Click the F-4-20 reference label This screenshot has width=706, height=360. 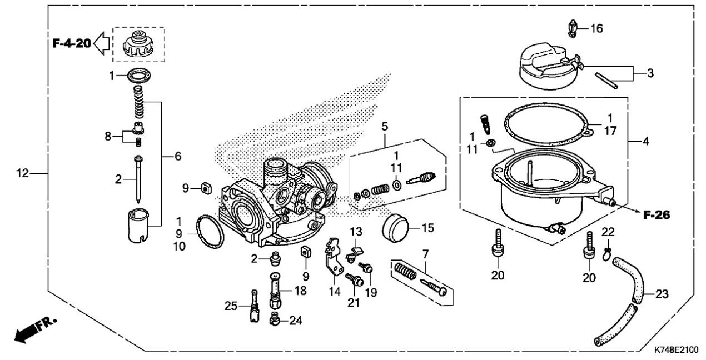click(72, 43)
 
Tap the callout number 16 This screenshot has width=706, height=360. click(596, 29)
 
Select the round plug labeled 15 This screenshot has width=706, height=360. click(395, 228)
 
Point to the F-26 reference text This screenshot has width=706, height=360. click(657, 215)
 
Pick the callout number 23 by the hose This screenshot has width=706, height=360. click(662, 294)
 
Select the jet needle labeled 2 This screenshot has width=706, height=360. click(138, 179)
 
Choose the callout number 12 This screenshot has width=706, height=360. click(23, 173)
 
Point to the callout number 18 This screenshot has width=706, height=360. click(300, 291)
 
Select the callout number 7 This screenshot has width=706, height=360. click(425, 254)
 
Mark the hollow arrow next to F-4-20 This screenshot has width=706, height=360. click(102, 43)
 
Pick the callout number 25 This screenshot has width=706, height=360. click(231, 306)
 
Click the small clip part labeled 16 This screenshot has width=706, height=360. click(573, 29)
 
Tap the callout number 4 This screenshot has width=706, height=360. click(645, 142)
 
